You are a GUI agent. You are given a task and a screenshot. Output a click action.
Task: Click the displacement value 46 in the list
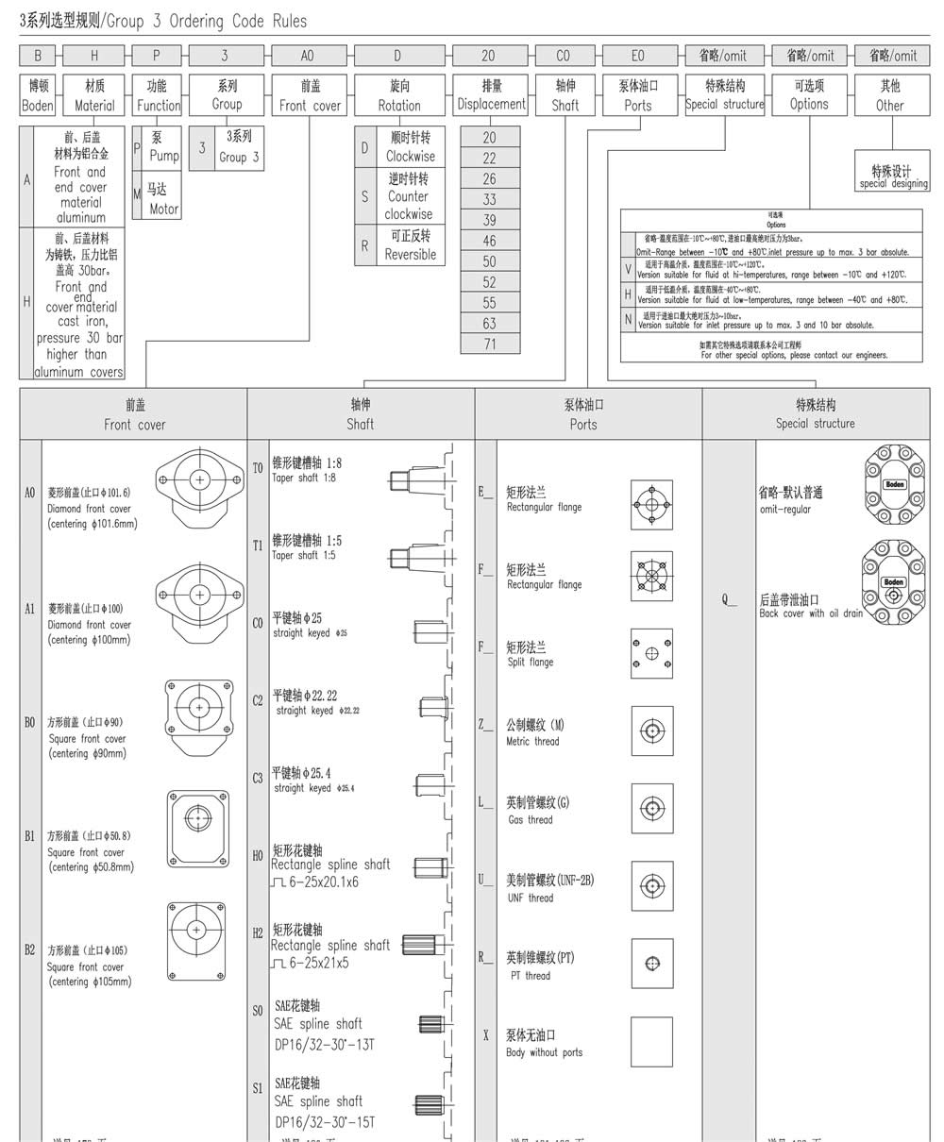pos(489,241)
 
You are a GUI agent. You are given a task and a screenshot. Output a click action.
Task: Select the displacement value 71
pos(489,344)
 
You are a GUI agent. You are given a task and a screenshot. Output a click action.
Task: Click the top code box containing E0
pos(637,56)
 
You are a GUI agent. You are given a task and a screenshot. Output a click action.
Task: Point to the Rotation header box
pos(399,95)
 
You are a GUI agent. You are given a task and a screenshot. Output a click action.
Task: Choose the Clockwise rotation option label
pos(410,147)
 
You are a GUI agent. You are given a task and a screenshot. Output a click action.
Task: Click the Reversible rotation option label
pos(410,245)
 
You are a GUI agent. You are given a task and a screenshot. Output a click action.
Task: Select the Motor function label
pos(162,199)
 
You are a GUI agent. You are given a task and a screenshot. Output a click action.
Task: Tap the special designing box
pos(892,176)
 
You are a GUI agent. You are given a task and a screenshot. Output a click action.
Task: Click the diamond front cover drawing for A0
pos(199,480)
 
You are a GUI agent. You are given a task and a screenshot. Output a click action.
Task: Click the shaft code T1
pos(258,546)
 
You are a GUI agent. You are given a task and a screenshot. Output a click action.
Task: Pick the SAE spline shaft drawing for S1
pos(430,1103)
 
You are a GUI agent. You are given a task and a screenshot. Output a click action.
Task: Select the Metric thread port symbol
pos(651,731)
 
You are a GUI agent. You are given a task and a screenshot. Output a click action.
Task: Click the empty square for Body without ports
pos(651,1042)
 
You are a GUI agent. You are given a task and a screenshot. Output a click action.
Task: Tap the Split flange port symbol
pos(651,653)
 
